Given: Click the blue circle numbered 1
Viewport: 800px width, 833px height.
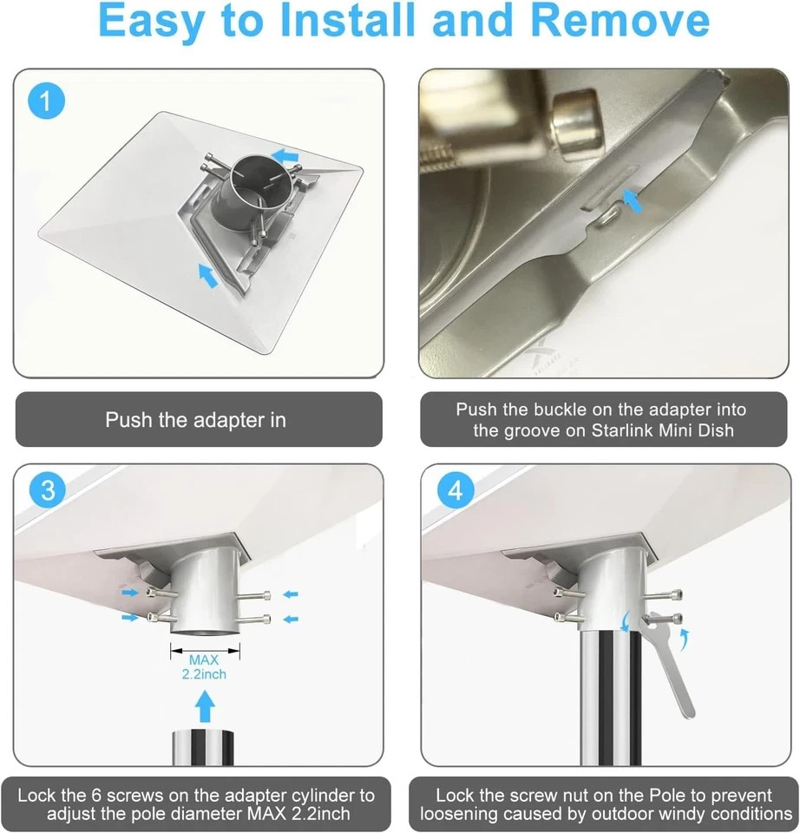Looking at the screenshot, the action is (x=46, y=101).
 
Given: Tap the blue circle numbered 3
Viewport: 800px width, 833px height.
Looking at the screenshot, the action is (x=48, y=489).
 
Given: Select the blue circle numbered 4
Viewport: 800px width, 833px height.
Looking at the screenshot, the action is (x=456, y=489).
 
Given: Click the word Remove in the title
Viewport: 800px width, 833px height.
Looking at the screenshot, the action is (x=620, y=20).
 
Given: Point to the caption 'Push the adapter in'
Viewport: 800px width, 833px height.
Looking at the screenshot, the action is (x=195, y=420).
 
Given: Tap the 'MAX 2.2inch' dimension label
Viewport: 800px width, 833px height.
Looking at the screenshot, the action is (x=204, y=666).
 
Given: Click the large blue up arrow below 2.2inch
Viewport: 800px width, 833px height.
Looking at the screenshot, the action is (x=205, y=706).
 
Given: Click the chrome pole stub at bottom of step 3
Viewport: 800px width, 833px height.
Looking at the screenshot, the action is (x=203, y=747).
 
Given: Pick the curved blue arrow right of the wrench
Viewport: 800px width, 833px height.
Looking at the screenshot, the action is (x=685, y=640).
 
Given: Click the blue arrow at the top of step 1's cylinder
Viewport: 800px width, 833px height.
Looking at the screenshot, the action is (x=285, y=156).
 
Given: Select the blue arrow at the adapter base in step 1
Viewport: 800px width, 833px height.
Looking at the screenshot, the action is (x=207, y=275).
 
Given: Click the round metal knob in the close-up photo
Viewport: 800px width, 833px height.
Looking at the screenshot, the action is (x=578, y=124).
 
